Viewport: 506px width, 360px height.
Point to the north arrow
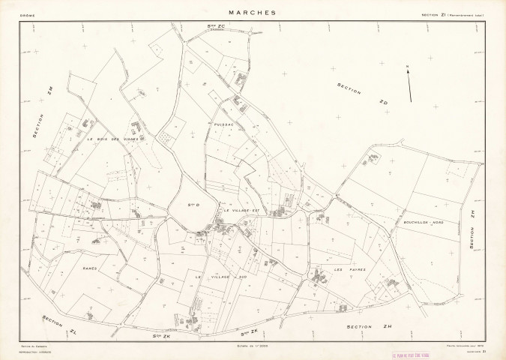pyautogui.click(x=409, y=83)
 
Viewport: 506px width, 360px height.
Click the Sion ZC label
pyautogui.click(x=217, y=28)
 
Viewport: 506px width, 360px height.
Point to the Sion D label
pyautogui.click(x=192, y=203)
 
